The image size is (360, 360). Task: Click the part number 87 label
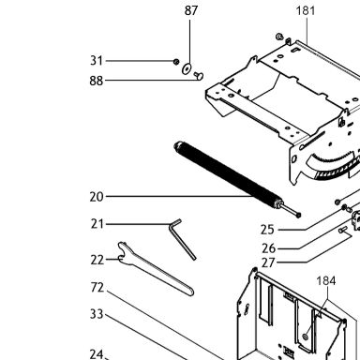click(x=191, y=10)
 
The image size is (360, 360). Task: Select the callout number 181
click(x=306, y=11)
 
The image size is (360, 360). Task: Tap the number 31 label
click(x=97, y=61)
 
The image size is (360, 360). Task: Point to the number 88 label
click(x=96, y=81)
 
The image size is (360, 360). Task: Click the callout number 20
click(x=97, y=197)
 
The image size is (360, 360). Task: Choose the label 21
click(x=97, y=224)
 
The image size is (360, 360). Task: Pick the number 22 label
click(x=97, y=260)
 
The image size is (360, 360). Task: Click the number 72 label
click(x=97, y=288)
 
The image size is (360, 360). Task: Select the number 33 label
click(x=97, y=314)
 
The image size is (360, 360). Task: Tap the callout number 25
click(x=267, y=230)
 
